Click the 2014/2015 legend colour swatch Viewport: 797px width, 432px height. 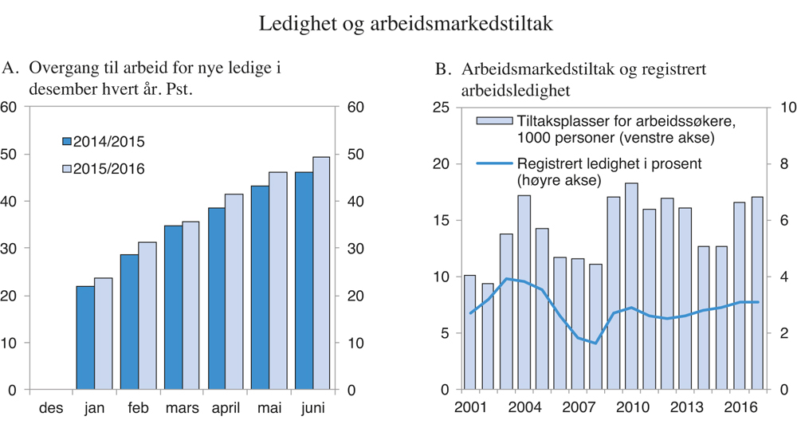point(67,142)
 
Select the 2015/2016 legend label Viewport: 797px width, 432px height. point(109,169)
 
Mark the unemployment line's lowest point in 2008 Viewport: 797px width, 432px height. point(595,343)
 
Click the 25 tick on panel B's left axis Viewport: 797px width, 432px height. point(442,108)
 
